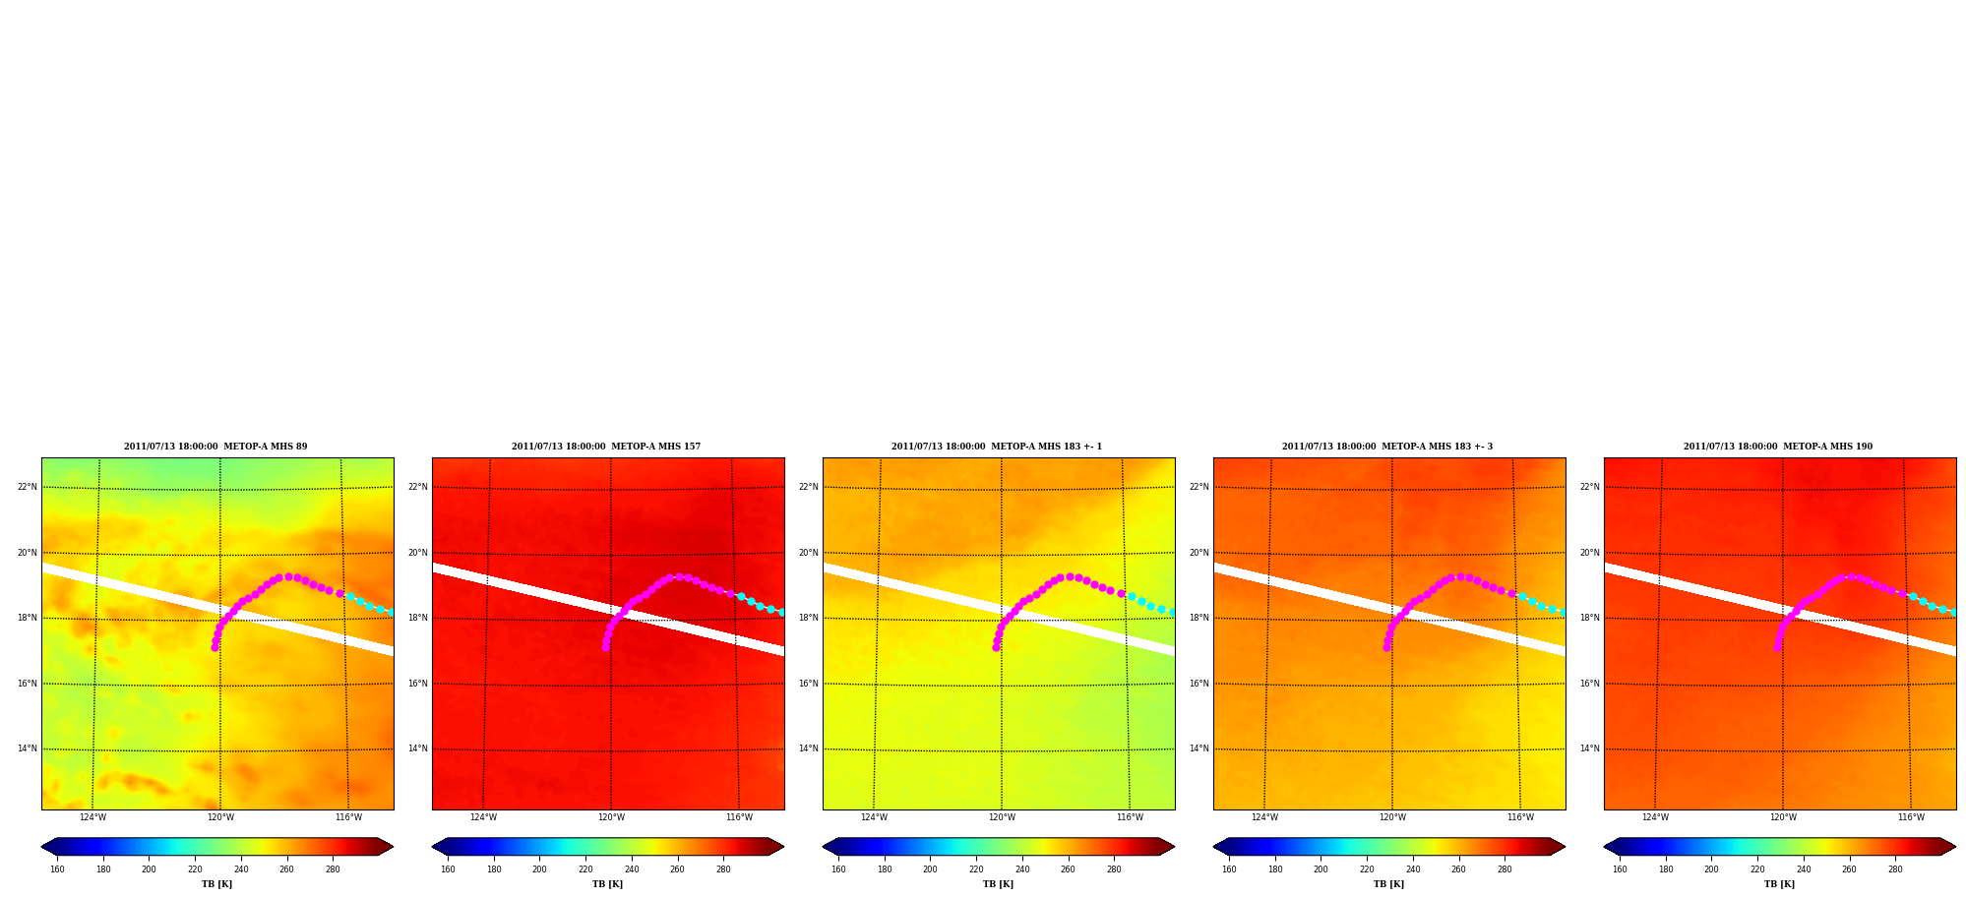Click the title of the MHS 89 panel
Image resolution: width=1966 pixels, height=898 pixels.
(x=215, y=447)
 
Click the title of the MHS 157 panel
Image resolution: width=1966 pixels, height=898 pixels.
(x=606, y=447)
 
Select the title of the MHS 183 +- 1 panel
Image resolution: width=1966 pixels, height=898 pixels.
(x=997, y=447)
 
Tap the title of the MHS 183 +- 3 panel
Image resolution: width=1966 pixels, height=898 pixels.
(x=1387, y=447)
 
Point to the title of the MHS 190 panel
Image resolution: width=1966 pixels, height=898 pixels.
(x=1778, y=447)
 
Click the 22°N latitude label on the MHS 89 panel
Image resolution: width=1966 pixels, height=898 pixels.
(x=28, y=487)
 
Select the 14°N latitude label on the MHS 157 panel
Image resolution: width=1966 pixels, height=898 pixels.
(x=418, y=748)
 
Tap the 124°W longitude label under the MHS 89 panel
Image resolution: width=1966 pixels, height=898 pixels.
(x=92, y=817)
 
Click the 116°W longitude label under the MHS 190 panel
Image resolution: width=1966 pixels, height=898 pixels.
(x=1911, y=817)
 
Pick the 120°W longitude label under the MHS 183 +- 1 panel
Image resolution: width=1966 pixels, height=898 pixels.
(x=1002, y=817)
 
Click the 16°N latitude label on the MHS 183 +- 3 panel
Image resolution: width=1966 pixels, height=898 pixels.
(x=1199, y=684)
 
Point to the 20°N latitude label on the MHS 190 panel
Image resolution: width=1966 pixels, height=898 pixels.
(x=1590, y=553)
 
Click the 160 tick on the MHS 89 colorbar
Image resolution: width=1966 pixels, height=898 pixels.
(x=57, y=869)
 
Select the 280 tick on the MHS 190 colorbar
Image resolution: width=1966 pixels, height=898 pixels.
(x=1895, y=869)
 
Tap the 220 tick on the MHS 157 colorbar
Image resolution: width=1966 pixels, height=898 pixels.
(x=585, y=869)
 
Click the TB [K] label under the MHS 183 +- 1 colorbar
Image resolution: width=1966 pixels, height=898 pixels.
(x=998, y=884)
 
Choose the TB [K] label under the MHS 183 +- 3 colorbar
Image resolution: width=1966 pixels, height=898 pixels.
(x=1388, y=884)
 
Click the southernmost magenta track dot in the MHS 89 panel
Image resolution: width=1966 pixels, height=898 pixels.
(x=215, y=647)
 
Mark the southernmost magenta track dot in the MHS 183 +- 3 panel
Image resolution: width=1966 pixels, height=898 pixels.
(x=1386, y=647)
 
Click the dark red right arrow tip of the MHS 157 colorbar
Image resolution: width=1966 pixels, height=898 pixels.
(x=782, y=847)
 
